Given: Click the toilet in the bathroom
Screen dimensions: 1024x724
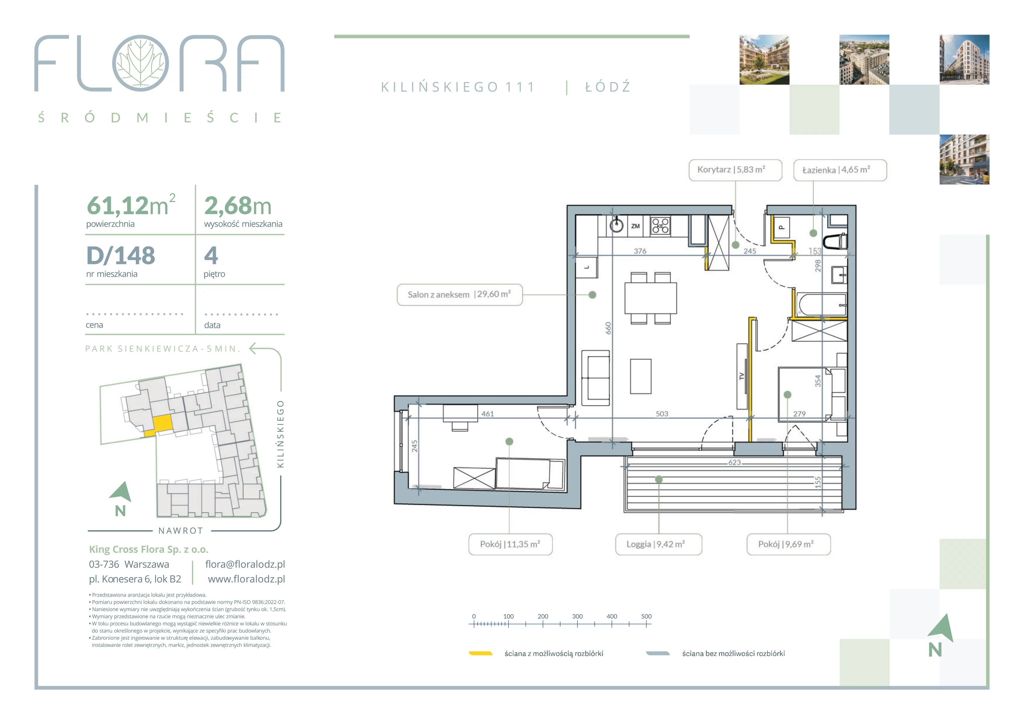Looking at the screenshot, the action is pos(835,241).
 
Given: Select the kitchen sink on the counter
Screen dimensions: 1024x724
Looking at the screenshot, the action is pos(617,225).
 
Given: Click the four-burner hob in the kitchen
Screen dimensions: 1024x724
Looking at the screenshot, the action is pos(660,226).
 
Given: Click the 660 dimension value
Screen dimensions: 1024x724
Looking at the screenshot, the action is pos(608,328).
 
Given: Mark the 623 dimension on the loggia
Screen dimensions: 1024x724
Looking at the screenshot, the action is pos(735,462).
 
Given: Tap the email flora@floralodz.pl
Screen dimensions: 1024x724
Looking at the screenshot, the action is pos(245,564).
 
